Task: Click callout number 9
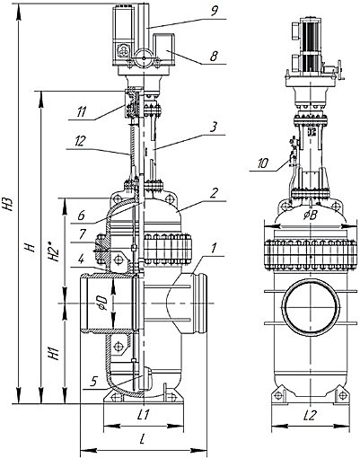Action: [215, 12]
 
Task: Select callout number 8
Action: [214, 57]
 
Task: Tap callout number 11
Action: [82, 112]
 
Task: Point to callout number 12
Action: [79, 141]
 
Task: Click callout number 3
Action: [213, 128]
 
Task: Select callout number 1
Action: [214, 248]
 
